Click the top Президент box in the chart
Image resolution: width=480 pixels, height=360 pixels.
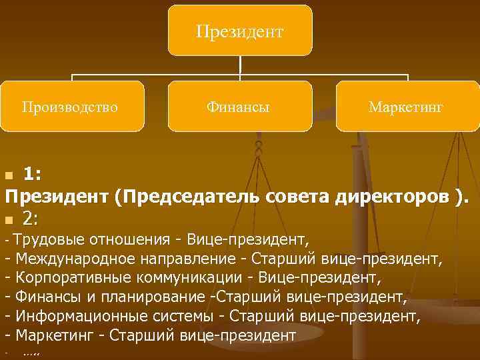pos(240,31)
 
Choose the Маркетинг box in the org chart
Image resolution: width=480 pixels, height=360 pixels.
pos(407,106)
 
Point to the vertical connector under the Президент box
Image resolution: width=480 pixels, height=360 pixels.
pos(240,65)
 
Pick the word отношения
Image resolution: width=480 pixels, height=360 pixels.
pos(125,239)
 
